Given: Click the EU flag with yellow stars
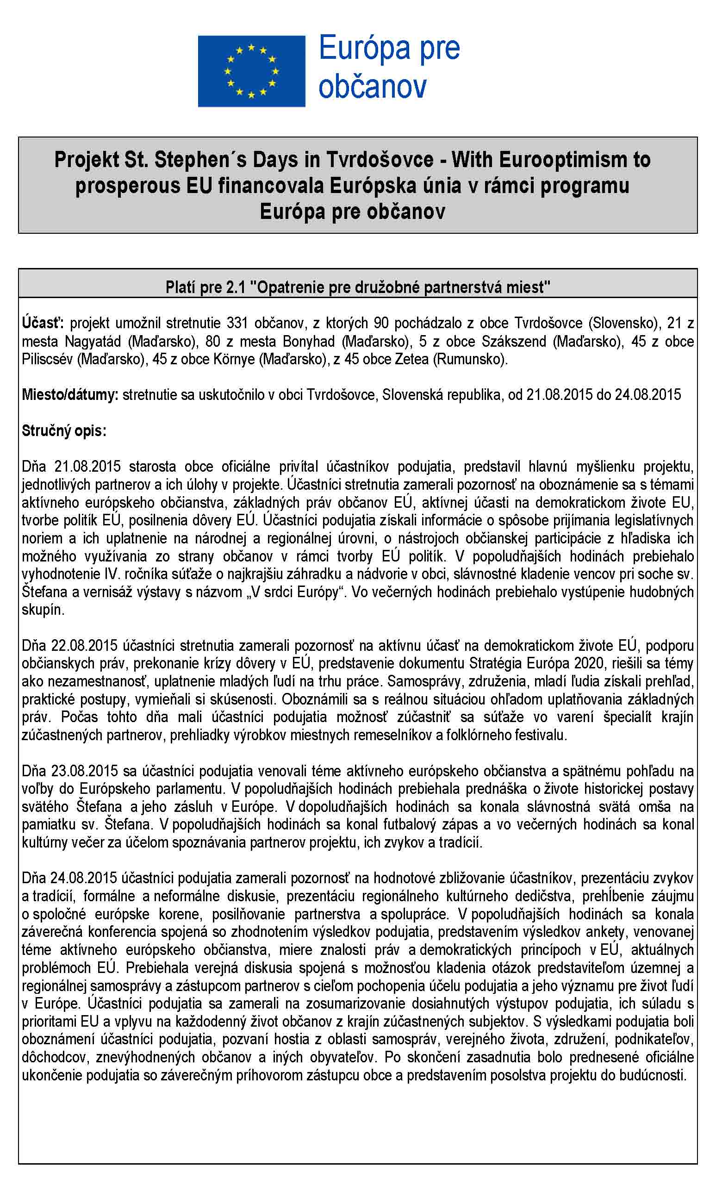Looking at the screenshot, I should [x=251, y=71].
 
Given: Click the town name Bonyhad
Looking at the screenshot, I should [x=308, y=341].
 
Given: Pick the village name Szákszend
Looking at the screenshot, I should [x=514, y=341].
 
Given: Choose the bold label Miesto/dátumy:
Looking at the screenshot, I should [x=69, y=394].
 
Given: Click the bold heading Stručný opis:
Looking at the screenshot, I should [x=64, y=430].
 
